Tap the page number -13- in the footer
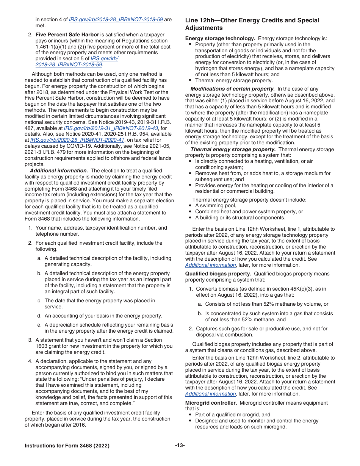tap(180, 446)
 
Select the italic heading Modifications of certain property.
tap(232, 89)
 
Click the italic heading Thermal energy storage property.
tap(233, 149)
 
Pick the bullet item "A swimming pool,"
tap(215, 206)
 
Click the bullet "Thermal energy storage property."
tap(233, 80)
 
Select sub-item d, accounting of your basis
tap(103, 316)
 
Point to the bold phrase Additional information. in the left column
tap(59, 170)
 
